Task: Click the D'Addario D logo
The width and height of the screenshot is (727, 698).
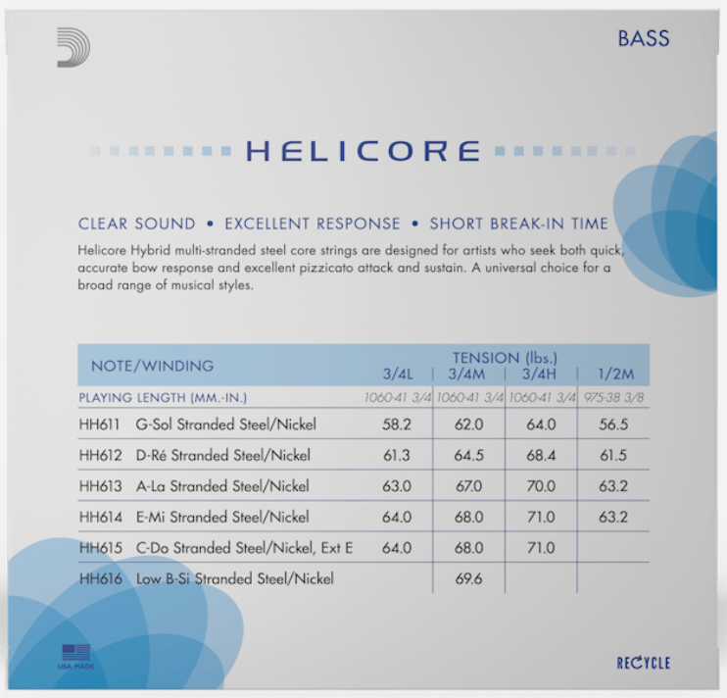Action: click(73, 47)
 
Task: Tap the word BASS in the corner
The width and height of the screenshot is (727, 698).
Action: click(644, 38)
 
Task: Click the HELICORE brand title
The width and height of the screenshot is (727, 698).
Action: click(363, 151)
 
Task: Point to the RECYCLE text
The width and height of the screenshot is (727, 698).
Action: click(644, 663)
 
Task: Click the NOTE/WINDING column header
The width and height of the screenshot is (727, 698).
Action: click(153, 366)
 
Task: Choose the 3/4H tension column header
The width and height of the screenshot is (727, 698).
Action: click(539, 374)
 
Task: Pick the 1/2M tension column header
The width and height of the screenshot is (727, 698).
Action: click(616, 374)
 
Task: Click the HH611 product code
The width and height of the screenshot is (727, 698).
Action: click(99, 424)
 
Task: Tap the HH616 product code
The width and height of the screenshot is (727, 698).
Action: click(101, 578)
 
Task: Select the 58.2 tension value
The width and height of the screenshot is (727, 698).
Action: click(397, 424)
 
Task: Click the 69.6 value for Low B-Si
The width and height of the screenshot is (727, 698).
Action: click(468, 578)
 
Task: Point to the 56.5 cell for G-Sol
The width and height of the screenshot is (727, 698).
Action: click(613, 424)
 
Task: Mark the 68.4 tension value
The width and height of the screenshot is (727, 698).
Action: click(541, 456)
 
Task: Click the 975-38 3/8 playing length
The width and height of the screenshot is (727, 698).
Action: click(614, 397)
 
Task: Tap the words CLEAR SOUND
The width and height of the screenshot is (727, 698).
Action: click(137, 224)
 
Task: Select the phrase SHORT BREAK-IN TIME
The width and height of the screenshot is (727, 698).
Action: click(519, 224)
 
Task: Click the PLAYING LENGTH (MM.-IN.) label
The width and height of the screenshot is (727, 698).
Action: click(163, 398)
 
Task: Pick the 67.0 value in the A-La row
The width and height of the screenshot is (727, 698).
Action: click(468, 486)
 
